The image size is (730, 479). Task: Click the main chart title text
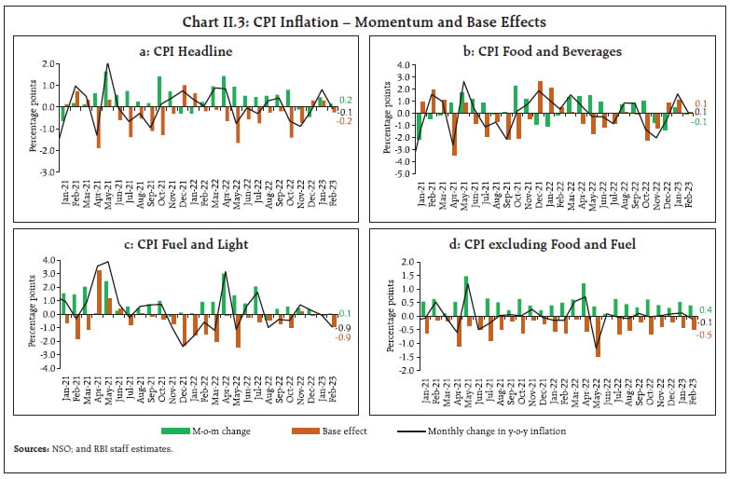pos(365,21)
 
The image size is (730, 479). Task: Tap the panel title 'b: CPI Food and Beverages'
pos(548,51)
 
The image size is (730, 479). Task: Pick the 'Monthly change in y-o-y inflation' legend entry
pos(498,431)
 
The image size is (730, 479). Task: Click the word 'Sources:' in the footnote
pos(31,449)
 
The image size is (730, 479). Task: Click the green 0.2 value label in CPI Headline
pos(345,100)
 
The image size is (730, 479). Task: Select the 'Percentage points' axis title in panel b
pos(378,119)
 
